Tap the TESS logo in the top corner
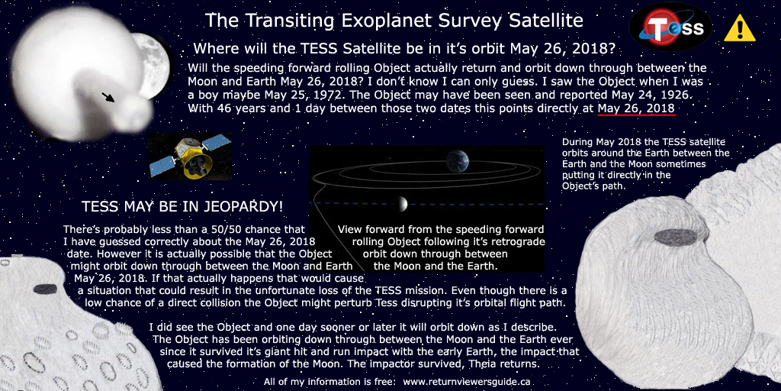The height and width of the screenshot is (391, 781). (670, 27)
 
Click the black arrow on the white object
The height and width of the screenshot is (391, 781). (108, 96)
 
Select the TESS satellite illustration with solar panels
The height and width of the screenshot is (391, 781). (190, 156)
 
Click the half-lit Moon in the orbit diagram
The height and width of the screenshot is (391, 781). (402, 203)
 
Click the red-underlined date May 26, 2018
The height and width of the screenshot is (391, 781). (637, 108)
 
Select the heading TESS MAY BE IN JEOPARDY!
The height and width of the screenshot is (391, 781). (182, 206)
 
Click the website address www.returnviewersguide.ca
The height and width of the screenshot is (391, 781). (466, 382)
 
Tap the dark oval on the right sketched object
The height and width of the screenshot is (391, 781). (675, 237)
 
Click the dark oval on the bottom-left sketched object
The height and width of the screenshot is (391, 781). (46, 289)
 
